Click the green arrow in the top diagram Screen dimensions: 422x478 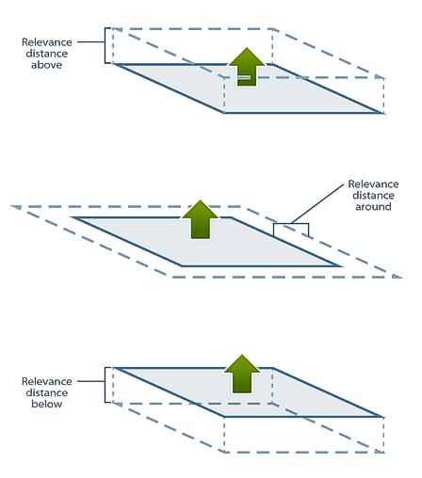247,68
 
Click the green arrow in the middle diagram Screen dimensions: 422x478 200,219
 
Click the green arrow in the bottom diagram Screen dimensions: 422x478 242,374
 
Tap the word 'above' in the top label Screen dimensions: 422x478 46,65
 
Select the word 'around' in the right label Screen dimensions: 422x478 373,207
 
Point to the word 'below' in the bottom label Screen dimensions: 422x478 46,404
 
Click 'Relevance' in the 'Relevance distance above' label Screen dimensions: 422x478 47,42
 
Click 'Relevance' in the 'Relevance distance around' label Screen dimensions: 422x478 373,183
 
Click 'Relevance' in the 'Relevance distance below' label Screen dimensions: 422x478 47,381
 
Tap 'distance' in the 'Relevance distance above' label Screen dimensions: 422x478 47,54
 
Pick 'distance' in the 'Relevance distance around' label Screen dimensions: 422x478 373,196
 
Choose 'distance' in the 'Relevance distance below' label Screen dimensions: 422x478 47,392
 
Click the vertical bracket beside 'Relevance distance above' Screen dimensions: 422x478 105,45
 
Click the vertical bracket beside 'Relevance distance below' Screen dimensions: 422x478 105,385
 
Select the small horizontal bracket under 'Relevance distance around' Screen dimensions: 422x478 291,224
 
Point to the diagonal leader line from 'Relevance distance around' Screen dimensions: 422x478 317,204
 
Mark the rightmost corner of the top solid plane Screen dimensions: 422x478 383,113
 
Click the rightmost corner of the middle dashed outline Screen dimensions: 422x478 402,278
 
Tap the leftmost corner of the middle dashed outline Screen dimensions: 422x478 11,206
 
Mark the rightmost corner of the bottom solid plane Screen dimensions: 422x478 383,417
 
